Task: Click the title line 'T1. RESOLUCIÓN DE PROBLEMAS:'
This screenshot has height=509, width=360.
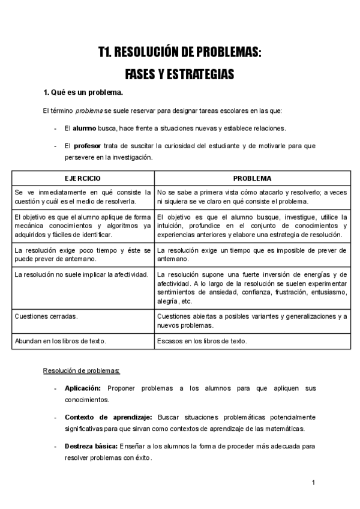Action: click(x=180, y=53)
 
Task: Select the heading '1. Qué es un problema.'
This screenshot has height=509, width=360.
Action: click(x=83, y=92)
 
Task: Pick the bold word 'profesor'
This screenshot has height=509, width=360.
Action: click(x=87, y=146)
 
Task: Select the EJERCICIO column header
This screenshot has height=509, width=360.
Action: click(x=83, y=178)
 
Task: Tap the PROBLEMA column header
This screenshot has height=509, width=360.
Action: click(x=252, y=178)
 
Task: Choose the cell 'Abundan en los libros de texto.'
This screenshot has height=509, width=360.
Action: click(x=60, y=342)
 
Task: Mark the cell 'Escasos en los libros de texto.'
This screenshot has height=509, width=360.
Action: click(x=202, y=342)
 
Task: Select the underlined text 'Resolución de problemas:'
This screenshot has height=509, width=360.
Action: click(x=82, y=370)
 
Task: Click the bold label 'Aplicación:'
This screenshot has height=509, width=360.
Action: click(x=83, y=388)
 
